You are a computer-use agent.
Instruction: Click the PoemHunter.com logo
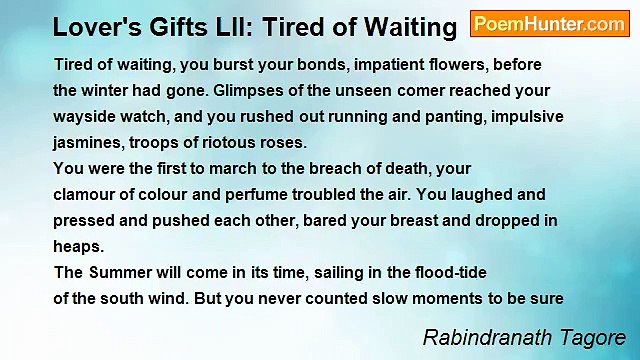[x=550, y=24]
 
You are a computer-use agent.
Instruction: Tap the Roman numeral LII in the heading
[x=230, y=27]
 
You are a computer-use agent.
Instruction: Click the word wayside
[x=85, y=116]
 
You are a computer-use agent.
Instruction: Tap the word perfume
[x=256, y=194]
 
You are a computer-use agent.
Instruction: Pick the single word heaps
[x=77, y=246]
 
